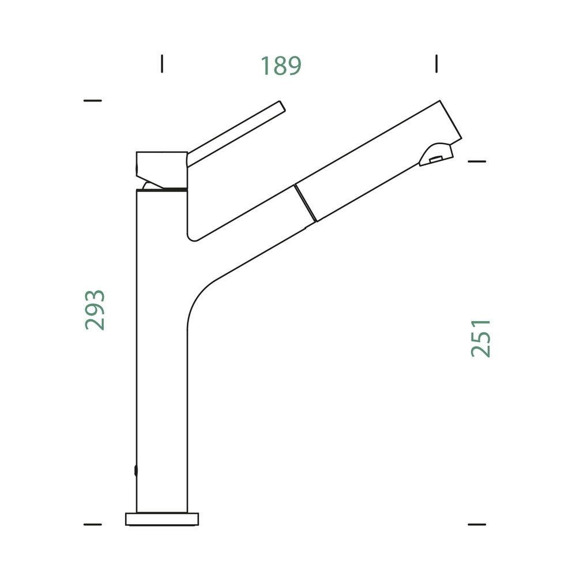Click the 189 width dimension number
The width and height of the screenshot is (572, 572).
pos(281,66)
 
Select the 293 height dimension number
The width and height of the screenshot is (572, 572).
pos(95,310)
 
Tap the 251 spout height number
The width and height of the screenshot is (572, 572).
pos(481,338)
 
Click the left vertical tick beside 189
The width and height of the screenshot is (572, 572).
pos(162,64)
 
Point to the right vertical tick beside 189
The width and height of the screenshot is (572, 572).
pos(436,64)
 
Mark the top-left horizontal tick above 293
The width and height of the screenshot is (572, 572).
pos(93,100)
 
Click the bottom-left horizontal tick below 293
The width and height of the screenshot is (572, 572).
pos(93,524)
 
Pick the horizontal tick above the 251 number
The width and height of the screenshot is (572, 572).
pos(477,161)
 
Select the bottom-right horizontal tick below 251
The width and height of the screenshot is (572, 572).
pos(477,524)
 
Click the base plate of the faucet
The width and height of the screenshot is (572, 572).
pos(162,519)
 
